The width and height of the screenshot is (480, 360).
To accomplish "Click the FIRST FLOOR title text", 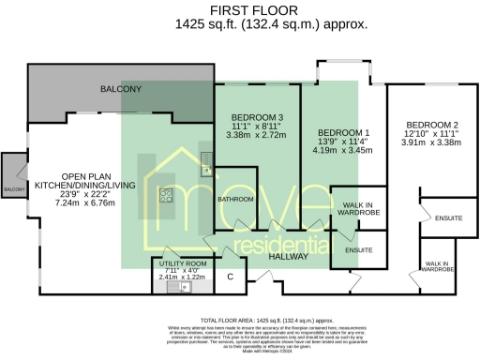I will [x=239, y=10].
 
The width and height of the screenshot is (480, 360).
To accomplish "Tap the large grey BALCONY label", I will [x=121, y=89].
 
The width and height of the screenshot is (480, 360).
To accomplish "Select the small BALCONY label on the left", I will [x=13, y=189].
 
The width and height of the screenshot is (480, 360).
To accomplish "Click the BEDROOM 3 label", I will [x=257, y=117].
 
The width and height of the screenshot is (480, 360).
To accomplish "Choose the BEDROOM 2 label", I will [x=431, y=125].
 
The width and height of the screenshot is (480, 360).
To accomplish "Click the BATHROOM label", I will [x=236, y=200].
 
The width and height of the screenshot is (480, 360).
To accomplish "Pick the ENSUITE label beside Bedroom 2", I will [x=448, y=218].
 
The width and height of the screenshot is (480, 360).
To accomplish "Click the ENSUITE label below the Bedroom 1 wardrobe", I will [x=358, y=251].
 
